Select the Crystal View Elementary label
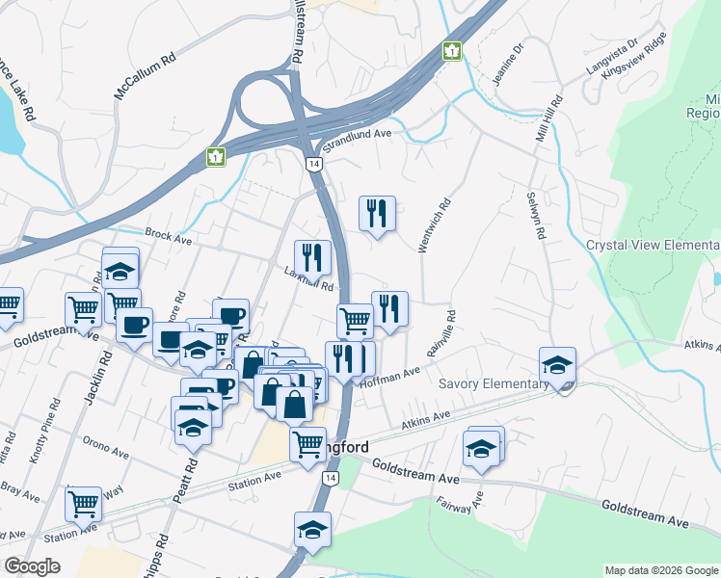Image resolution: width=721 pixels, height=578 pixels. pyautogui.click(x=653, y=245)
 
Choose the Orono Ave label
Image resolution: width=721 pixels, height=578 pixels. pyautogui.click(x=105, y=452)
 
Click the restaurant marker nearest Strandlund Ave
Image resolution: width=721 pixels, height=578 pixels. pyautogui.click(x=377, y=214)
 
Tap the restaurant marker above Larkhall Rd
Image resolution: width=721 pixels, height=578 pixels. pyautogui.click(x=312, y=257)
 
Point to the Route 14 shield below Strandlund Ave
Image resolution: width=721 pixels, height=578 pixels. pyautogui.click(x=314, y=164)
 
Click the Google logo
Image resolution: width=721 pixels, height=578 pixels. pyautogui.click(x=32, y=566)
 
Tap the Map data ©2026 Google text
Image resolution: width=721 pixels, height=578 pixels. pyautogui.click(x=661, y=570)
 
